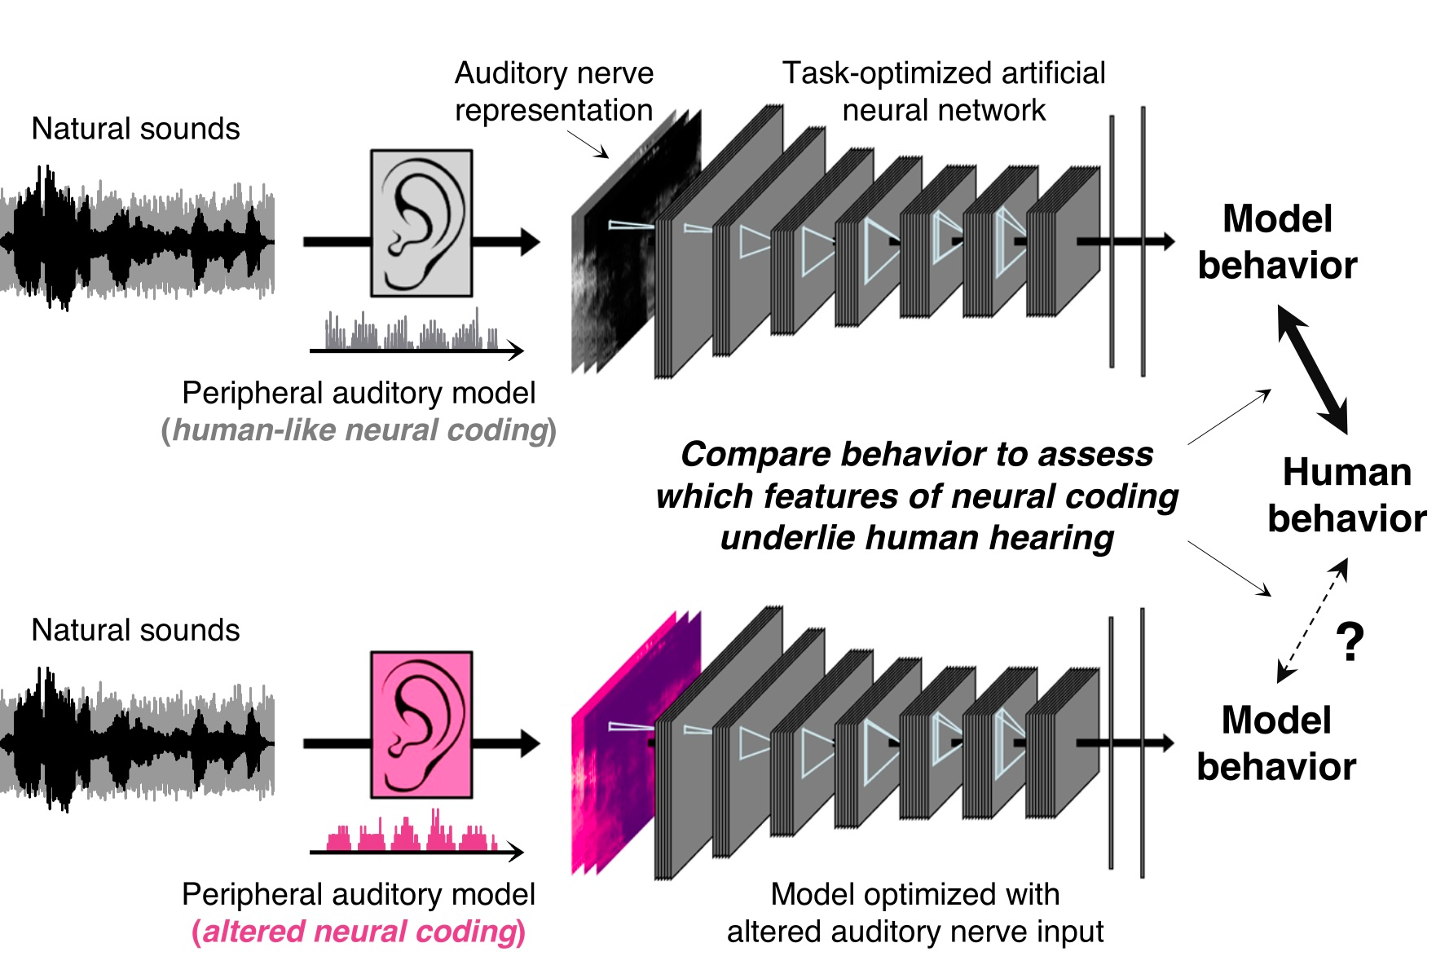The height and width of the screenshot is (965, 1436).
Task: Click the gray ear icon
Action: [421, 223]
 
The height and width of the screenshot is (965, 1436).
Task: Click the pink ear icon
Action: [421, 724]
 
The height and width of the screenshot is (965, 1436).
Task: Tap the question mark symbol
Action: [1350, 642]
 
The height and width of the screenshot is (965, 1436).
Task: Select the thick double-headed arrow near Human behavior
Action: [1312, 369]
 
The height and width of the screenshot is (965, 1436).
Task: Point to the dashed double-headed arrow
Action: [1312, 619]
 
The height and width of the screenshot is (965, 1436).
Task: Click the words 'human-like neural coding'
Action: [359, 430]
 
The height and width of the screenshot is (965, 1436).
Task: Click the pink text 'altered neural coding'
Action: [359, 931]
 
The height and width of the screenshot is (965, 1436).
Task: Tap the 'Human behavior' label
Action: [1346, 495]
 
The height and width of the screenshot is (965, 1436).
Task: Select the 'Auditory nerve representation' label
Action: [554, 91]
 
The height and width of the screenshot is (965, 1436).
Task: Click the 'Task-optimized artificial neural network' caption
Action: [944, 91]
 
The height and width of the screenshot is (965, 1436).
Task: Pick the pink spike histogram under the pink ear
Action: [412, 833]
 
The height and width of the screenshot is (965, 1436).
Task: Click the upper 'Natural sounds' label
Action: [135, 129]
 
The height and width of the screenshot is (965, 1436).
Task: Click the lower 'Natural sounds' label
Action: [135, 630]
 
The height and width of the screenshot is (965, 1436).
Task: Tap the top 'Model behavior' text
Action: [1277, 242]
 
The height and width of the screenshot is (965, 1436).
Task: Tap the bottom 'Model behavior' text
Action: [1276, 743]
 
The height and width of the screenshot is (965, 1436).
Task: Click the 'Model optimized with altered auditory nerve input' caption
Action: [915, 913]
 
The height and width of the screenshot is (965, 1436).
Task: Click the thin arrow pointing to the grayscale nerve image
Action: [588, 145]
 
